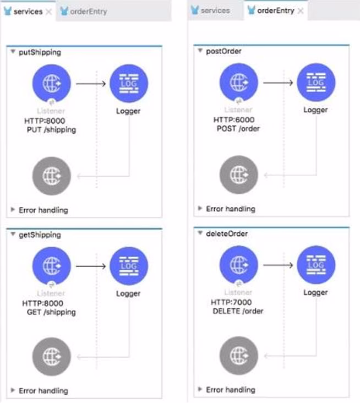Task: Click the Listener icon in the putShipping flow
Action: click(x=51, y=83)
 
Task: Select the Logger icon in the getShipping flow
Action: click(x=129, y=266)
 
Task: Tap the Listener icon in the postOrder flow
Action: click(x=238, y=82)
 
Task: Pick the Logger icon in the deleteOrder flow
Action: click(x=316, y=264)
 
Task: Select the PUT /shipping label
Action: click(x=51, y=130)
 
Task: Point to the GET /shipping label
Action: click(x=51, y=312)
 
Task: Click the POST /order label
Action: click(x=238, y=128)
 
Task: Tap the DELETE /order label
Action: click(x=238, y=311)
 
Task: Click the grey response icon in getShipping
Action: click(x=51, y=356)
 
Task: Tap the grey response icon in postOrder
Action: click(x=238, y=175)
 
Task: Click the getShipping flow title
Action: click(x=40, y=235)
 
